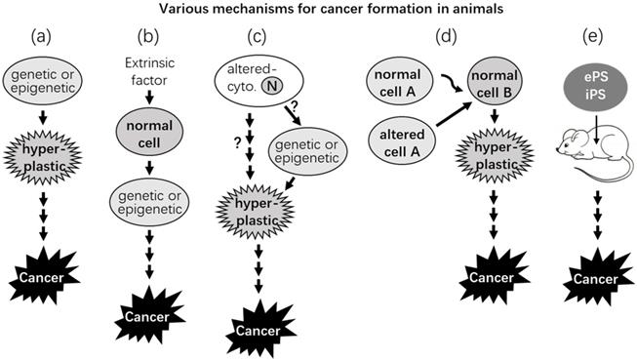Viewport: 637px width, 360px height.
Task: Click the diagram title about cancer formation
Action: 318,11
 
